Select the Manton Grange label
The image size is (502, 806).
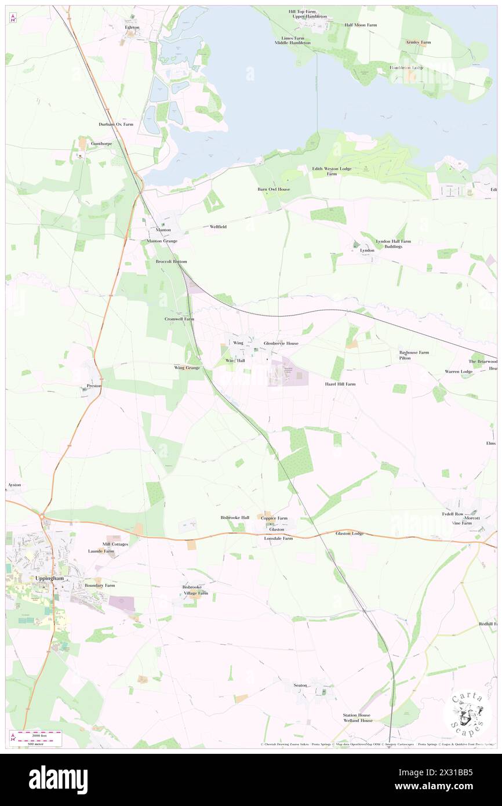tap(162, 241)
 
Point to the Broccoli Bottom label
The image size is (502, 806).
tap(171, 262)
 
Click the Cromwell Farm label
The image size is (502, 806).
tap(179, 319)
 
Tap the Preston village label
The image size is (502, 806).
tap(94, 386)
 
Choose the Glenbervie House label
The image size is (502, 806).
tap(281, 343)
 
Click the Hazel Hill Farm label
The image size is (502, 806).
tap(340, 384)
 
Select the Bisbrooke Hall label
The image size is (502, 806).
tap(235, 517)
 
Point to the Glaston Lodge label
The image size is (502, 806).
tap(350, 533)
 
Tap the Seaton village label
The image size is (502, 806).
tap(300, 685)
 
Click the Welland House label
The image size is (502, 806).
tap(358, 720)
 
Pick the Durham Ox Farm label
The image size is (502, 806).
tap(116, 124)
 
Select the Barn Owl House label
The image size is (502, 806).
tap(274, 189)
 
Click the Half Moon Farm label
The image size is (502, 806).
tap(360, 25)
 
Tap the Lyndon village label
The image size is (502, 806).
tap(367, 250)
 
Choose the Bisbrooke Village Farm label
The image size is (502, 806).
tap(195, 590)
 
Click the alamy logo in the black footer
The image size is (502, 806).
tap(59, 779)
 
